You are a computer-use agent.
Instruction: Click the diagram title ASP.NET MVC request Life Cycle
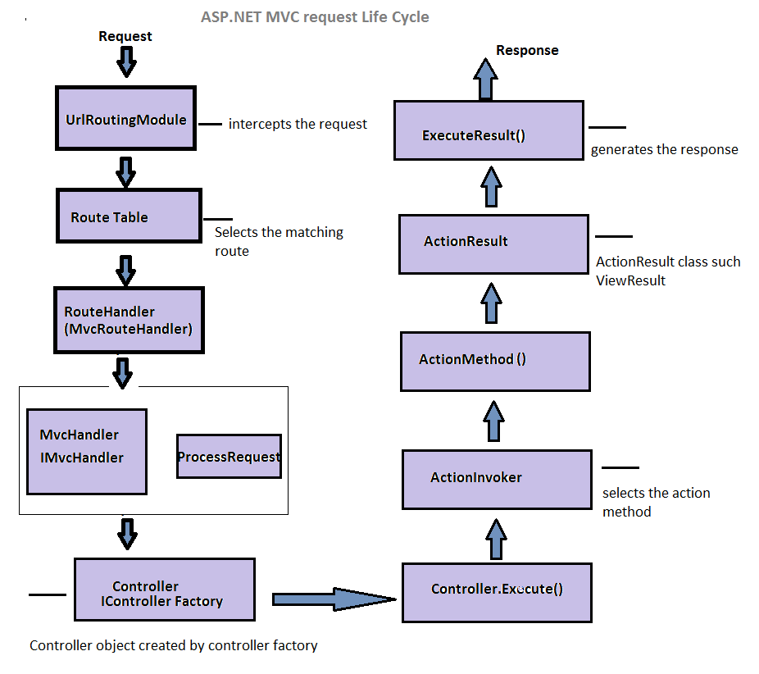click(x=315, y=16)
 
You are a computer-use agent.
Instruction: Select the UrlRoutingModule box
click(x=125, y=120)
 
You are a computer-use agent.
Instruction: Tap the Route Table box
click(x=129, y=216)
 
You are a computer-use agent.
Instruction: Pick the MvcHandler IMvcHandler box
click(x=86, y=452)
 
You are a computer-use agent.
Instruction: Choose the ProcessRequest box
click(x=229, y=457)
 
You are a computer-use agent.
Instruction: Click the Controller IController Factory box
click(x=164, y=594)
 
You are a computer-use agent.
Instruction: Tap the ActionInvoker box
click(x=496, y=479)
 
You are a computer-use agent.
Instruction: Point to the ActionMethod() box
click(x=495, y=361)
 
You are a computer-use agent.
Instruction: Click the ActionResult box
click(x=493, y=244)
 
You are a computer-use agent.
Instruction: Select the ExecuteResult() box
click(x=488, y=130)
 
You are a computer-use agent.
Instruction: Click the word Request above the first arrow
click(x=125, y=36)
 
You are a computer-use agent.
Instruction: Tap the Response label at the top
click(x=527, y=50)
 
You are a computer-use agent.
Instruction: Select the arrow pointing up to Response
click(x=486, y=80)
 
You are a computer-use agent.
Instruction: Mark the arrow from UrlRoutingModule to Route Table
click(x=125, y=171)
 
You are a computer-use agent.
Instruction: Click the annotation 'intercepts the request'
click(x=298, y=124)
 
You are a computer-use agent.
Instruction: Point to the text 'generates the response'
click(x=664, y=149)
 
